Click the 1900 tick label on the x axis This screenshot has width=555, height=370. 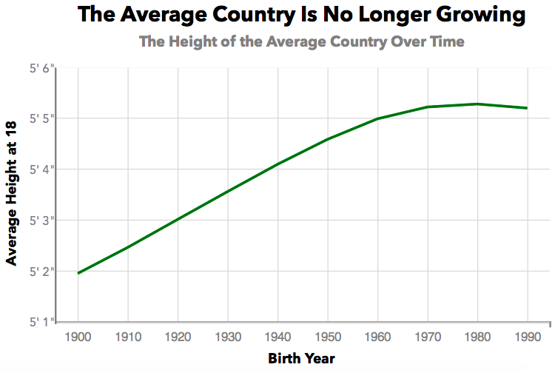tap(78, 337)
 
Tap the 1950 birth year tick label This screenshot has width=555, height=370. tap(327, 337)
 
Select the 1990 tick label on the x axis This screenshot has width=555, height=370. tap(527, 337)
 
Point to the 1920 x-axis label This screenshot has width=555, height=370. tap(178, 337)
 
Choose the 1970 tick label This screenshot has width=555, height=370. tap(427, 337)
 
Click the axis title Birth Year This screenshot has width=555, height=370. tap(302, 359)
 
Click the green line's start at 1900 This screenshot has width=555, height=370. tap(78, 273)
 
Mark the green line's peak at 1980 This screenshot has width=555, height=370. tap(477, 104)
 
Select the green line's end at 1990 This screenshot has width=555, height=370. tap(527, 108)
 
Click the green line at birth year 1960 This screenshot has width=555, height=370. tap(377, 118)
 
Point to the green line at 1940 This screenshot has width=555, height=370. tap(277, 164)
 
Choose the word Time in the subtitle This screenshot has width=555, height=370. tap(446, 41)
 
